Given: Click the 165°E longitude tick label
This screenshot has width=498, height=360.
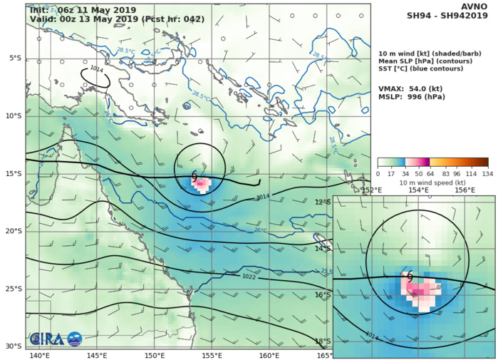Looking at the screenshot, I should pyautogui.click(x=324, y=355).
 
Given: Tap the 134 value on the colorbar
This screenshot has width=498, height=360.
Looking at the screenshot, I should pyautogui.click(x=488, y=173).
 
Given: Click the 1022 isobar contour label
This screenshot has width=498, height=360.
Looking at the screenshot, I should pyautogui.click(x=249, y=277).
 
